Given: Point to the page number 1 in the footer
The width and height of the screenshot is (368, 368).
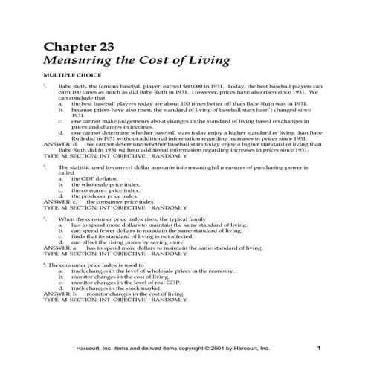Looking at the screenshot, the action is click(x=319, y=348).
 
